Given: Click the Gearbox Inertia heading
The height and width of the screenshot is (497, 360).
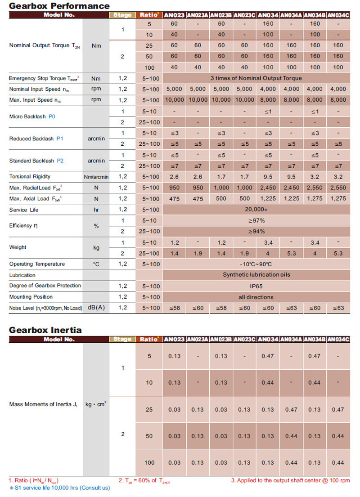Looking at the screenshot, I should tap(45, 330).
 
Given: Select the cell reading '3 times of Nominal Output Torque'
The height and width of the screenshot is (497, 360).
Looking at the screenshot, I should tap(256, 78).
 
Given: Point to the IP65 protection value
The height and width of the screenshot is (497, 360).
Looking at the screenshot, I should tap(256, 286).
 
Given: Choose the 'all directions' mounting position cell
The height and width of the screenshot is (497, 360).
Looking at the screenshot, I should tap(256, 297).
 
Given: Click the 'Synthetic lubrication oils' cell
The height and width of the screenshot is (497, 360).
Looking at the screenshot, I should tap(256, 275).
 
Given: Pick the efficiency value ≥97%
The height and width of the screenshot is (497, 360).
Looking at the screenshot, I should tap(256, 221).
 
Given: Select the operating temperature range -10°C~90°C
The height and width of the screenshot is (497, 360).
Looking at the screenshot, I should tap(256, 264).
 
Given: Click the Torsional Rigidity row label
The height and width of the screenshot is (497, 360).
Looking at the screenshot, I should tap(30, 176).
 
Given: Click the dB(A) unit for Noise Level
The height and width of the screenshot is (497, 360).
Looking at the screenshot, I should tap(96, 308).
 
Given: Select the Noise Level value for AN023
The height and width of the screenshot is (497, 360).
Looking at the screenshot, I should tap(174, 308).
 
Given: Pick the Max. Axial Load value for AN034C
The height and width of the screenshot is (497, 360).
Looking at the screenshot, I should tap(338, 198).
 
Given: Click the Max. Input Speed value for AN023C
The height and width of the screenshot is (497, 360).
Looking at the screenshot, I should tap(244, 100).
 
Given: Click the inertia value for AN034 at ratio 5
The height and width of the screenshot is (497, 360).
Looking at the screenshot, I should tap(268, 356).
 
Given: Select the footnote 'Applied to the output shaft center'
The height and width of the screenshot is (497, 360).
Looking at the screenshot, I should tap(290, 480).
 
